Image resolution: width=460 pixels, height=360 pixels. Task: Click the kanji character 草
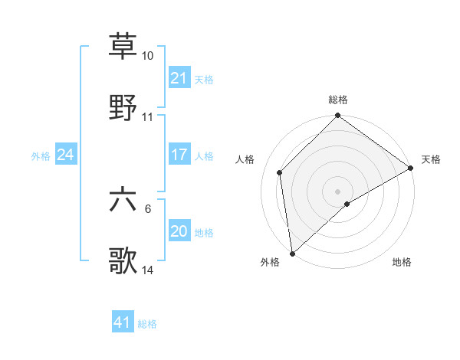point(123,46)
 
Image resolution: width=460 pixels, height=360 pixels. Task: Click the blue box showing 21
point(179,78)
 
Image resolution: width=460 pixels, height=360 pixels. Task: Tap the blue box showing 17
point(179,155)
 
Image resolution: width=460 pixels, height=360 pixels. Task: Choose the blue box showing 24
point(65,155)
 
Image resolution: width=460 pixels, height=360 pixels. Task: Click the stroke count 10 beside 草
point(148,56)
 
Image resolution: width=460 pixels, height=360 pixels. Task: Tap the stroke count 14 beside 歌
point(148,270)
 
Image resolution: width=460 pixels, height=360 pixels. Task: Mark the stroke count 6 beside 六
point(148,208)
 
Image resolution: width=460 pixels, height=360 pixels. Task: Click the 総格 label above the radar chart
point(338,100)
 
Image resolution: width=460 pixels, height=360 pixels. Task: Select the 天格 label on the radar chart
point(431,159)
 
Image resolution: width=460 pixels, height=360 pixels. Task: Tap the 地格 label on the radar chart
point(402,262)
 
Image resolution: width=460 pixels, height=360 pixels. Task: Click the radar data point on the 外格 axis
point(292,254)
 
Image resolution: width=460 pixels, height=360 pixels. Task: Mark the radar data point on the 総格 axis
point(338,117)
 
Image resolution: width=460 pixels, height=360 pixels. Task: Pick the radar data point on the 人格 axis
point(280,172)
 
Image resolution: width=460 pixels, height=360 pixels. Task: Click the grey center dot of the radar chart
point(338,191)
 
